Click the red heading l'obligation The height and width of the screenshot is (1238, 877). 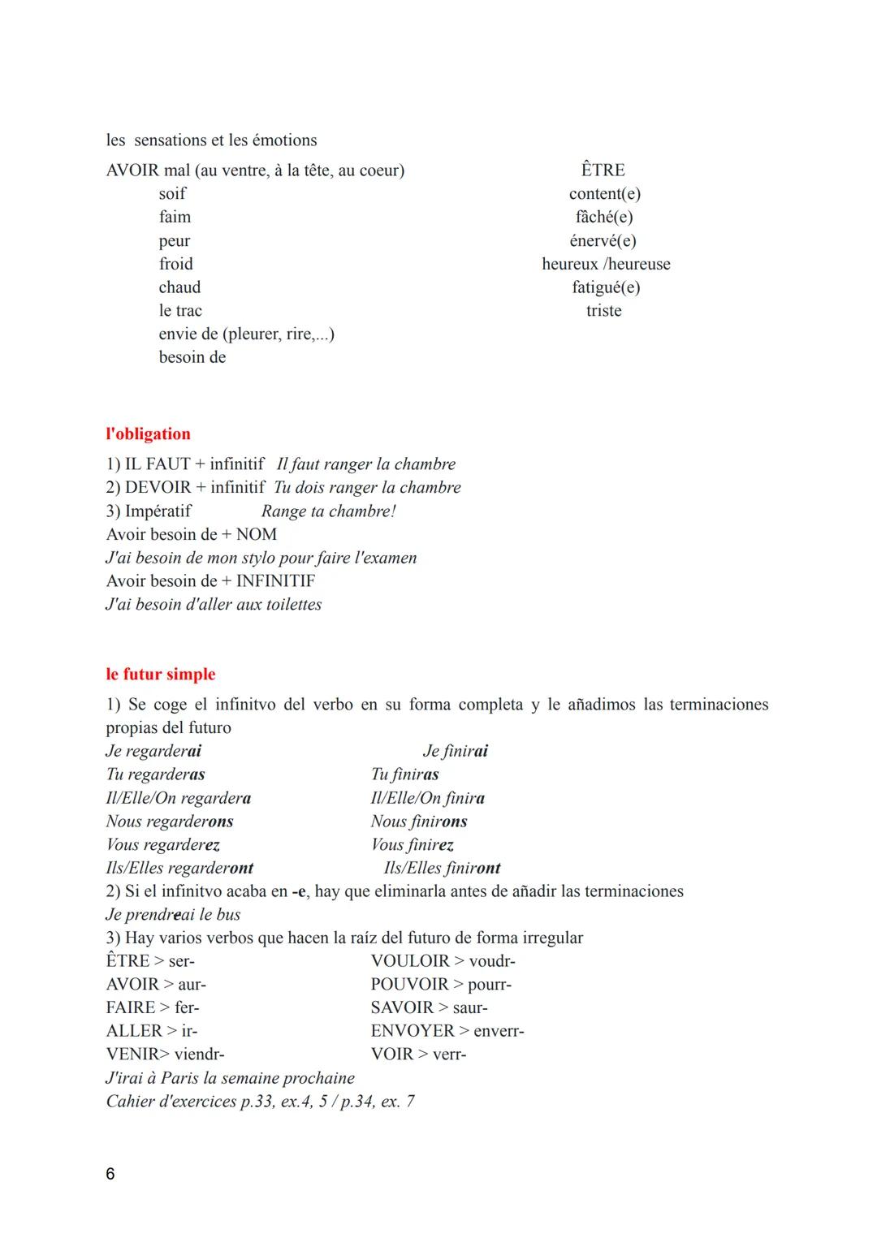[148, 434]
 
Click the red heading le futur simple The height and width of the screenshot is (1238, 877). [160, 674]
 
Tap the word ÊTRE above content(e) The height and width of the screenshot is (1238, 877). [603, 170]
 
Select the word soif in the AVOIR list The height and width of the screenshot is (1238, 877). [172, 193]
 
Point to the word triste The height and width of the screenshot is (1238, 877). [603, 310]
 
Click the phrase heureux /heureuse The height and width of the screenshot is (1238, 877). [606, 264]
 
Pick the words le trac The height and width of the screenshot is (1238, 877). [180, 310]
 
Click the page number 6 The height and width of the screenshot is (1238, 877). [110, 1174]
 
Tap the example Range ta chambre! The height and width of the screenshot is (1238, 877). [328, 511]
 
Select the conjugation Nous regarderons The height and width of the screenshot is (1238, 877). [170, 821]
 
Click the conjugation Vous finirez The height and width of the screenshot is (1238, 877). [412, 844]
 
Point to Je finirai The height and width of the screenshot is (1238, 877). [455, 751]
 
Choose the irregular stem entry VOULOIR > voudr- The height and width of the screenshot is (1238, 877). [443, 960]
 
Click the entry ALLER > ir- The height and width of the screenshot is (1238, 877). [152, 1030]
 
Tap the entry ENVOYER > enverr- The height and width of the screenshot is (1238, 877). [447, 1030]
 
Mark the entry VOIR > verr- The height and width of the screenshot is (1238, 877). [418, 1054]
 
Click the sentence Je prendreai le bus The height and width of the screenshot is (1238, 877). [173, 914]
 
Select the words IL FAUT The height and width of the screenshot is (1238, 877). [157, 464]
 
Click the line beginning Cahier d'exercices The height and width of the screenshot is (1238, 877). [260, 1101]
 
